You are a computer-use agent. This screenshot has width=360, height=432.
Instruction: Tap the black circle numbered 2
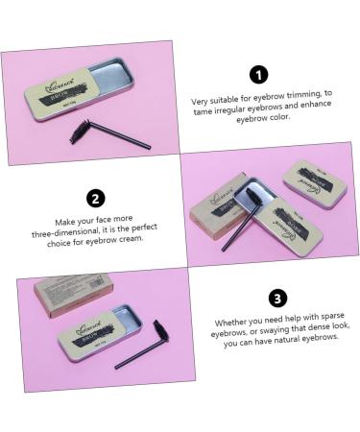96,199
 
